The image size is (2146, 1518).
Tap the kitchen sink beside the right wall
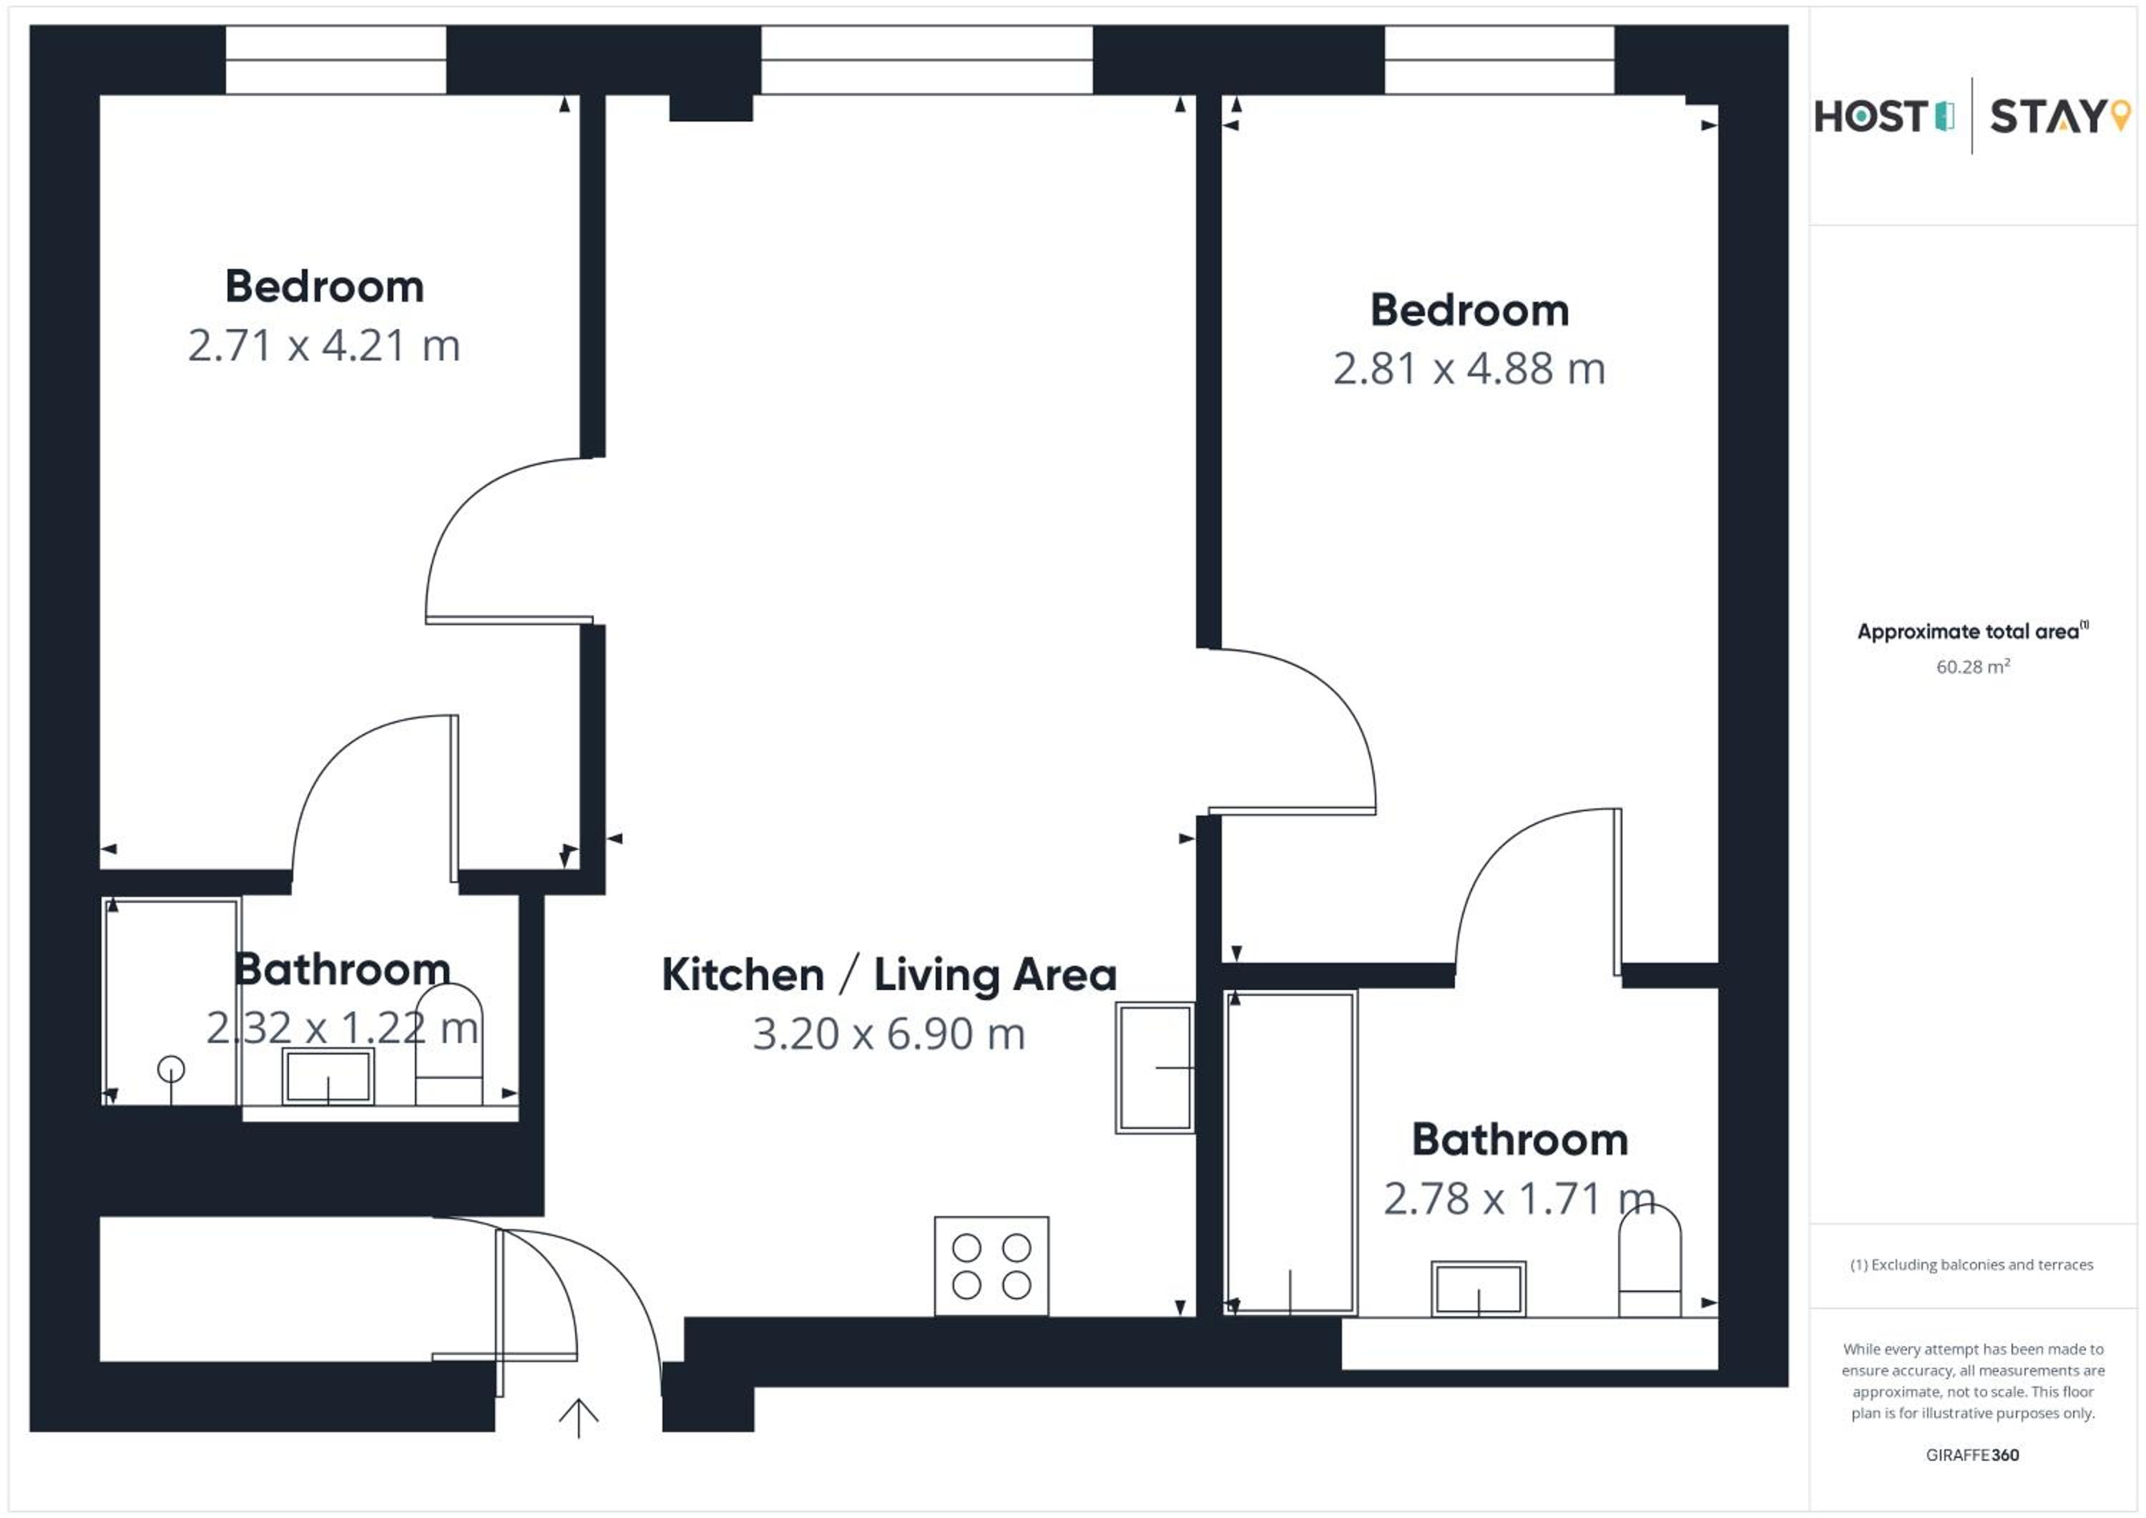[x=1155, y=1067]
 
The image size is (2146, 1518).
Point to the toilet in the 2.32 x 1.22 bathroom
[x=449, y=1044]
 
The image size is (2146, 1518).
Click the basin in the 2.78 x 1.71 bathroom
[x=1478, y=1289]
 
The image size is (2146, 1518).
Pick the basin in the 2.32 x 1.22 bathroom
[x=328, y=1077]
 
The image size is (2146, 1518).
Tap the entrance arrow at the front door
[x=579, y=1418]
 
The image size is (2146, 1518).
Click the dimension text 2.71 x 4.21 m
[x=324, y=346]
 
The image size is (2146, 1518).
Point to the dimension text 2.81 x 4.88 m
[x=1469, y=369]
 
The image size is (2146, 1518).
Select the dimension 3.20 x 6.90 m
[x=889, y=1034]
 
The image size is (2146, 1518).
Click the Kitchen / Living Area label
[x=889, y=975]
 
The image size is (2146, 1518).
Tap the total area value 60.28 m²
[x=1972, y=667]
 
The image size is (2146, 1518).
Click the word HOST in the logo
[x=1871, y=117]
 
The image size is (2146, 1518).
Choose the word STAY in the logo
[x=2046, y=117]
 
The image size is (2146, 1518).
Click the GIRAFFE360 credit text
[x=1972, y=1454]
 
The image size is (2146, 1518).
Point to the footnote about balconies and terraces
[x=1972, y=1265]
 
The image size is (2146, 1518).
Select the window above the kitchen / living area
[x=926, y=60]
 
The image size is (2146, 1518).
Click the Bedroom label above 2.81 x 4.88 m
[x=1469, y=310]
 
